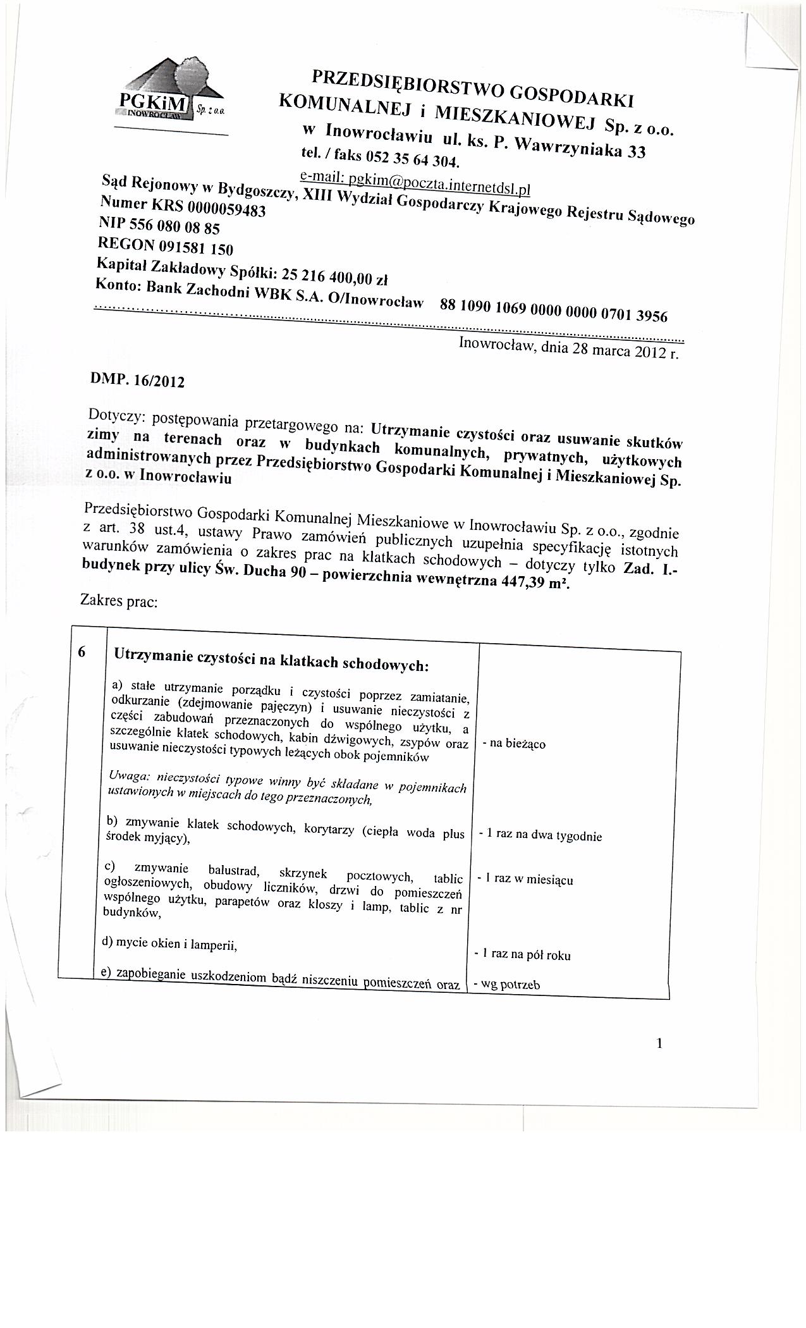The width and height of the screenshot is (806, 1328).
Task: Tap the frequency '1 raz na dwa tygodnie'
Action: [x=540, y=835]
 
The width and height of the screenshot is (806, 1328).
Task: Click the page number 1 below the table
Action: [x=659, y=1043]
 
